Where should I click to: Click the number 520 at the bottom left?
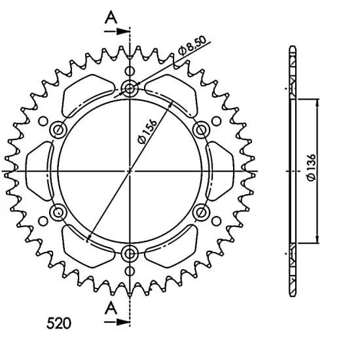[60, 323]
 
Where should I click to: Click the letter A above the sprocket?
[112, 16]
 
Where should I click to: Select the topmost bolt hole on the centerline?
[130, 88]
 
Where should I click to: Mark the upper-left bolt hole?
[58, 129]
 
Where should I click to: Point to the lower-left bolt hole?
[58, 212]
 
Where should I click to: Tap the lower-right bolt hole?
[202, 212]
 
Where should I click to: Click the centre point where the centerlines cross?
[130, 171]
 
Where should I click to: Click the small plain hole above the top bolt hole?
[130, 71]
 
